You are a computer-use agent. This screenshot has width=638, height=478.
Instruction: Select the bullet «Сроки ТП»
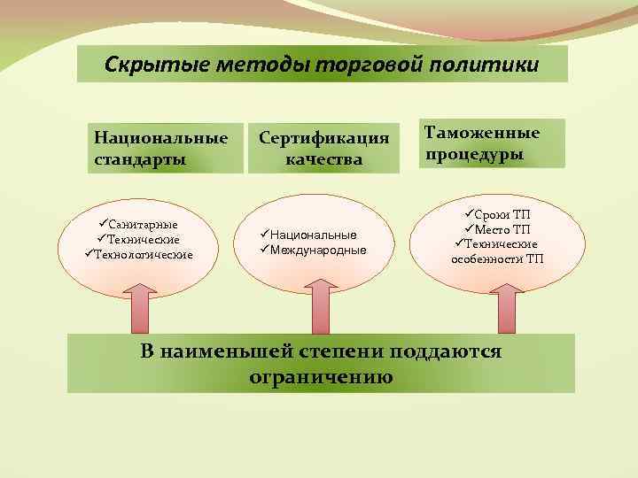[x=502, y=215]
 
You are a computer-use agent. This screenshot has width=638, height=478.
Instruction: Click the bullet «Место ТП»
[x=502, y=229]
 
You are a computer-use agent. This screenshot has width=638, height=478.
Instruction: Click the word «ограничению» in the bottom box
[x=321, y=376]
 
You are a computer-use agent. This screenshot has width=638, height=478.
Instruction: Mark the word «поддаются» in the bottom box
[x=448, y=351]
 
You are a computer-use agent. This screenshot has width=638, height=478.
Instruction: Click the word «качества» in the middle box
[x=323, y=159]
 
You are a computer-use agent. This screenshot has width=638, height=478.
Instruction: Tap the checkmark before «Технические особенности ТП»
[x=459, y=243]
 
